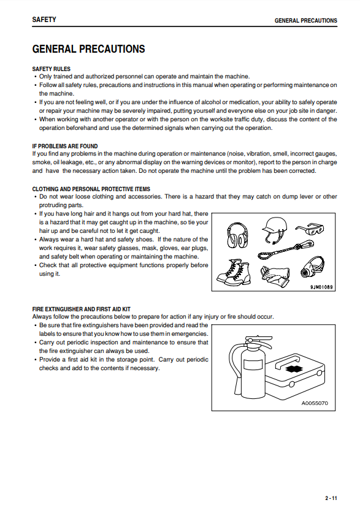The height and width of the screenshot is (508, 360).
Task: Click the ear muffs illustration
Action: point(238,235)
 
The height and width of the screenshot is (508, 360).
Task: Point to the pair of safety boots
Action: point(234,272)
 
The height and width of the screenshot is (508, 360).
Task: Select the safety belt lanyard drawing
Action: point(286,249)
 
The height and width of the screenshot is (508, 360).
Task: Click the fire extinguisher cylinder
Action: point(247,368)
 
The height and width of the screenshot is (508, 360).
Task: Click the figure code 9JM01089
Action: point(321,287)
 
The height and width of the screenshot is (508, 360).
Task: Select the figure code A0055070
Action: point(315,403)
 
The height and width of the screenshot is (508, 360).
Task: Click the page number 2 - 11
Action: point(331,498)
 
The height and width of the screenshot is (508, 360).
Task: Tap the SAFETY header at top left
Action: point(44,20)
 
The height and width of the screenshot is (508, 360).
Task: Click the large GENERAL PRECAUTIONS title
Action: point(88,49)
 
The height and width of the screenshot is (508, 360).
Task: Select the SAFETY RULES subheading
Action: point(52,69)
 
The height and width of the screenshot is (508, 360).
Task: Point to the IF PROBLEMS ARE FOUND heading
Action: point(65,146)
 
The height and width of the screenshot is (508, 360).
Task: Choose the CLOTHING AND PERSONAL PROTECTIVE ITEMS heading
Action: point(91,189)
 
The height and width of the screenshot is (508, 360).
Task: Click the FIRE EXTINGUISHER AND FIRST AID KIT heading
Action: point(81,309)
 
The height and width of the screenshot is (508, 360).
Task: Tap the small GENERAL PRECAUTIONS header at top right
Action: point(306,20)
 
